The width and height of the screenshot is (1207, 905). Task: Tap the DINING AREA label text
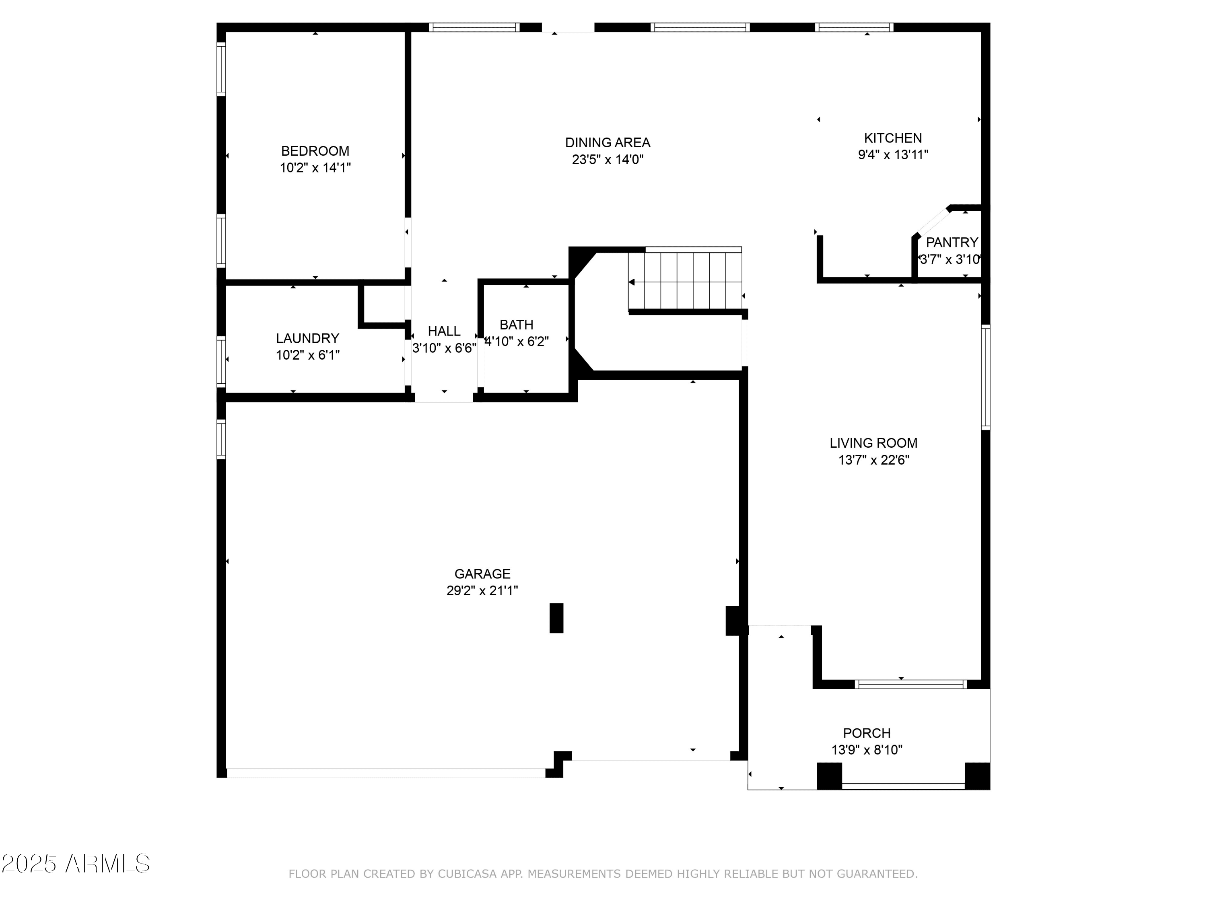[x=607, y=142]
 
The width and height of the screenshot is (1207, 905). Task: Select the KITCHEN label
[x=893, y=138]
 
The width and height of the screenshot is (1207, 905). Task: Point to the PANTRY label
[x=952, y=242]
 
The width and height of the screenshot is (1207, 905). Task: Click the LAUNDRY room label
[x=307, y=338]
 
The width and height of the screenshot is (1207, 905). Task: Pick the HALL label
[x=444, y=331]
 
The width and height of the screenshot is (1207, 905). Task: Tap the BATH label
[x=516, y=325]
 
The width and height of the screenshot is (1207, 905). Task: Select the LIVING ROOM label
[x=873, y=443]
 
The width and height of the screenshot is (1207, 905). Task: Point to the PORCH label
[x=867, y=733]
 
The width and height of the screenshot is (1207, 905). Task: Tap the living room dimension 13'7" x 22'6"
[x=873, y=460]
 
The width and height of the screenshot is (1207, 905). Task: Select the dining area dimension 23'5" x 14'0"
[x=607, y=159]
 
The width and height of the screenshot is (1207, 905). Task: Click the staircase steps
[x=685, y=280]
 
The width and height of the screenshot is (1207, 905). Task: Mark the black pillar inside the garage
[x=556, y=618]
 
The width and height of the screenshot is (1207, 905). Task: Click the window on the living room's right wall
[x=985, y=377]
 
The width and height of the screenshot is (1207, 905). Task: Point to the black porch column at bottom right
[x=977, y=776]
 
